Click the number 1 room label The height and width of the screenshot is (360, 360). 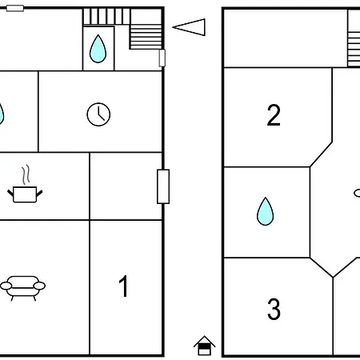click(124, 286)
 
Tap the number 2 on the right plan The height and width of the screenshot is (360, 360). click(274, 115)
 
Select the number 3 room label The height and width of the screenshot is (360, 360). click(274, 309)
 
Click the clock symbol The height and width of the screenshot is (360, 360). click(98, 114)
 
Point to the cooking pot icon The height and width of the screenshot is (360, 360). click(25, 194)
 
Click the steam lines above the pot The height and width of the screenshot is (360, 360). click(26, 174)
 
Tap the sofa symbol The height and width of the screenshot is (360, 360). click(22, 288)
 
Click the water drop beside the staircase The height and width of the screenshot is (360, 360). click(98, 49)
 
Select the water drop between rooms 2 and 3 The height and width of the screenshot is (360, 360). click(265, 211)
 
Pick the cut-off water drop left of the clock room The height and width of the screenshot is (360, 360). click(2, 114)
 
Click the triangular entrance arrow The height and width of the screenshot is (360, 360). click(189, 27)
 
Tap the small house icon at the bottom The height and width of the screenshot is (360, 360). click(205, 346)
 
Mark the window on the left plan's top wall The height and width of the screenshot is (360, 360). click(15, 8)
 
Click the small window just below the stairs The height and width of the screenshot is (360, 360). click(162, 58)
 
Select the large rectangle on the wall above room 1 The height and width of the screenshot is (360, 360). click(163, 186)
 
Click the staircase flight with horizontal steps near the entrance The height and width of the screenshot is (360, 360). click(146, 37)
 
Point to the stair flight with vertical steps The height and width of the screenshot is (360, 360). click(106, 17)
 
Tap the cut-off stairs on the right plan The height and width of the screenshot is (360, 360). click(354, 50)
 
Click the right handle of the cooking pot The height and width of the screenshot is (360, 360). click(39, 194)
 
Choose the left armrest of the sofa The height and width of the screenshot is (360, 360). click(6, 286)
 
